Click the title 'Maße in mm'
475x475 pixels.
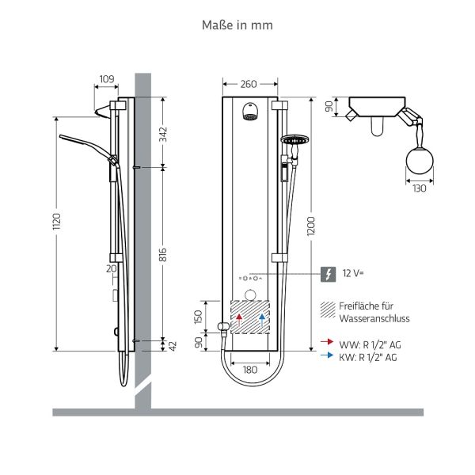click(x=237, y=25)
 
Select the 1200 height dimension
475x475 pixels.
click(x=316, y=224)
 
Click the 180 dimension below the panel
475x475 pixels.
click(x=249, y=369)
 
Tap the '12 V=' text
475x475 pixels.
click(x=352, y=274)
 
